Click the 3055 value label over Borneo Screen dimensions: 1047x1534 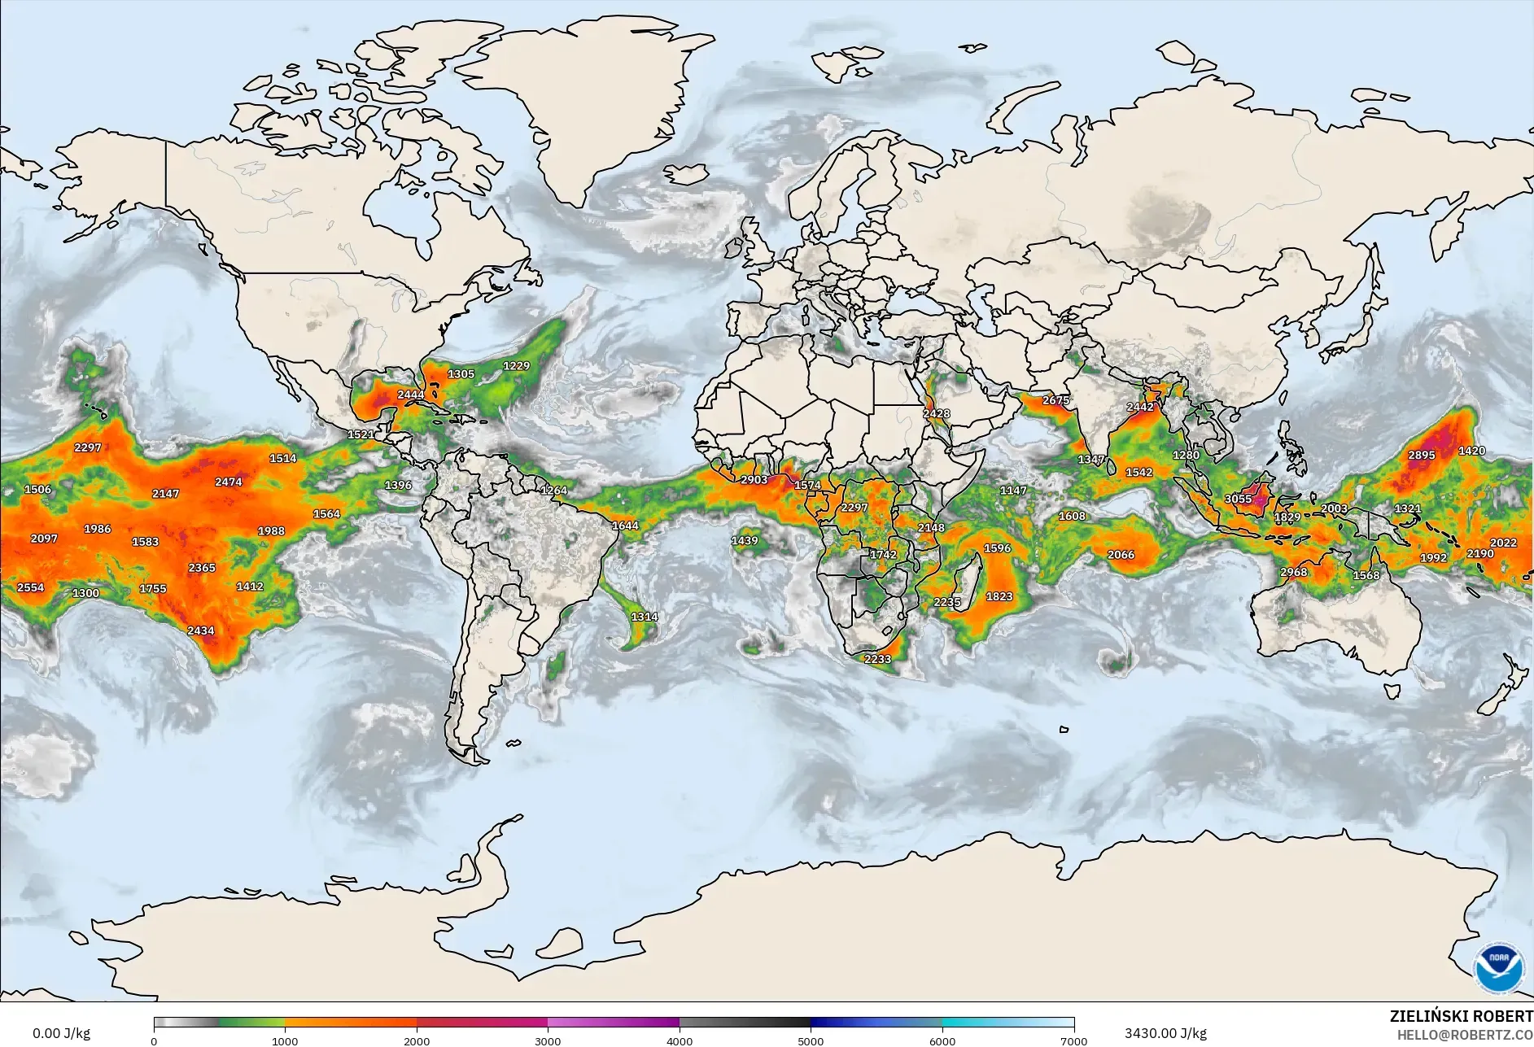point(1238,499)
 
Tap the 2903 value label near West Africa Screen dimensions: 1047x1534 point(754,479)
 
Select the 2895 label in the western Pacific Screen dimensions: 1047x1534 point(1421,455)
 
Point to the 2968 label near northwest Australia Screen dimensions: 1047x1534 point(1293,572)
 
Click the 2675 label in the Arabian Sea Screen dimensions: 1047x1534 point(1055,400)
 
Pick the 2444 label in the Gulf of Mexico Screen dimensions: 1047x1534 point(410,395)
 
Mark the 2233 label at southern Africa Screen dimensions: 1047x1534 point(877,659)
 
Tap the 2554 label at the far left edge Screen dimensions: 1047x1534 point(30,587)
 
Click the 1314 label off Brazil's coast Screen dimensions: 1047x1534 point(644,617)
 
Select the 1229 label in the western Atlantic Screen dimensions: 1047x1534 point(516,365)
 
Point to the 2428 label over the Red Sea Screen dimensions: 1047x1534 point(936,413)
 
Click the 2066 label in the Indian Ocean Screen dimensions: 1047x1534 point(1121,555)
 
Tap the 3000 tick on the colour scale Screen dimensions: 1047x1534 point(548,1040)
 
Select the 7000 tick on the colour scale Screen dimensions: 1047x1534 point(1073,1040)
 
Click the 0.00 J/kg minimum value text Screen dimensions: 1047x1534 point(61,1033)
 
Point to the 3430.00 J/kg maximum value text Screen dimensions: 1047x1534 point(1165,1033)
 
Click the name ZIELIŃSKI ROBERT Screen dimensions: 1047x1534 point(1461,1016)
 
